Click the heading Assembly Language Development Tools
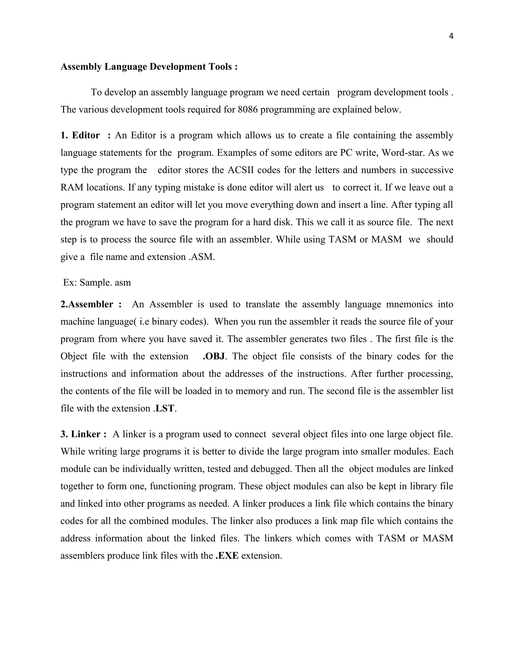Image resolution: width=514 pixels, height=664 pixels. pyautogui.click(x=149, y=67)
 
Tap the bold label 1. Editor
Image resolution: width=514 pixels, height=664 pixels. pyautogui.click(x=80, y=135)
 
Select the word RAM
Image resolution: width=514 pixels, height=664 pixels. pyautogui.click(x=72, y=187)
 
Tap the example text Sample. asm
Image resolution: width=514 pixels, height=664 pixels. pyautogui.click(x=105, y=283)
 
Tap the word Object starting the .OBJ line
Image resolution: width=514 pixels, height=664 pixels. pyautogui.click(x=74, y=356)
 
